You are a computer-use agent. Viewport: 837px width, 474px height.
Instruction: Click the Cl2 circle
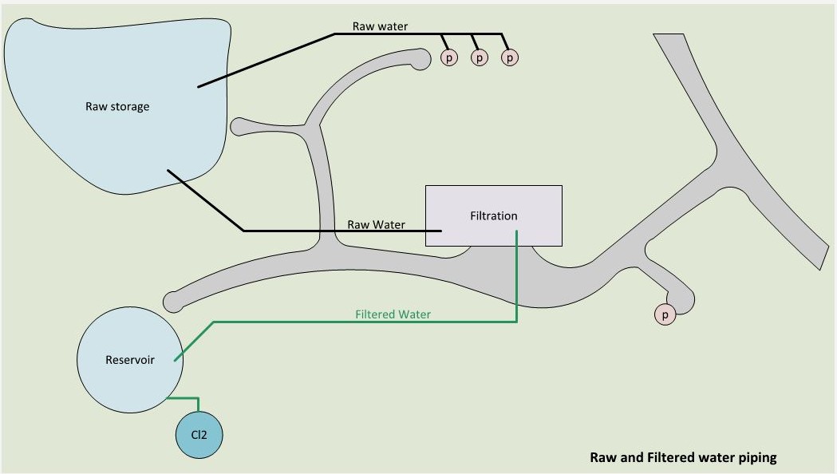tap(199, 434)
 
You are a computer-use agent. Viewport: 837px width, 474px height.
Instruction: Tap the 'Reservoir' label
tap(130, 360)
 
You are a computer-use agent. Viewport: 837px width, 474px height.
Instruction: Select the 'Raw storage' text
tap(117, 106)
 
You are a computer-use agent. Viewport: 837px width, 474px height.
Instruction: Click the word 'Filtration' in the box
tap(494, 215)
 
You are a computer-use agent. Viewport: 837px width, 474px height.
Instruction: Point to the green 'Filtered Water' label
tap(393, 314)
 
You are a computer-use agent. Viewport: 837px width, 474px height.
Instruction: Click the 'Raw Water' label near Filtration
tap(377, 224)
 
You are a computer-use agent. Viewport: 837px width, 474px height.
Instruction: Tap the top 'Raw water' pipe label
tap(380, 26)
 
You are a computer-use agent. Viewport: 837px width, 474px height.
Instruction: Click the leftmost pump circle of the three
tap(449, 57)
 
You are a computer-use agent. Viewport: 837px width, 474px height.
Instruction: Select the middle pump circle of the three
tap(480, 57)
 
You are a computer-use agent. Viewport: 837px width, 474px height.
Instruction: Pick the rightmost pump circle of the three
tap(510, 57)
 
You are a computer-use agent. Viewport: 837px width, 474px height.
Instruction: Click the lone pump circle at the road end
tap(665, 314)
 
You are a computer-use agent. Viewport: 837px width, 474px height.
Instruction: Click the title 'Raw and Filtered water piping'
tap(683, 457)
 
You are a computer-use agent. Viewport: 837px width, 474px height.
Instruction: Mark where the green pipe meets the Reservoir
tap(175, 361)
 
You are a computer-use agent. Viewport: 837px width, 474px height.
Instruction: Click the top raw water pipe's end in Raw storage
tap(198, 86)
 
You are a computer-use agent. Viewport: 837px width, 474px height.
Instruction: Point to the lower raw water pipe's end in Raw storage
tap(168, 170)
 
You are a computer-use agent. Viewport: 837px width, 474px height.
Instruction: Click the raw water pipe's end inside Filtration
tap(441, 231)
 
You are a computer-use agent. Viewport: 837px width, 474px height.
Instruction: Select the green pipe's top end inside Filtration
tap(517, 231)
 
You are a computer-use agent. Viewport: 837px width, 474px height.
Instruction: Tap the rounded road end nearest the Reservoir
tap(172, 302)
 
